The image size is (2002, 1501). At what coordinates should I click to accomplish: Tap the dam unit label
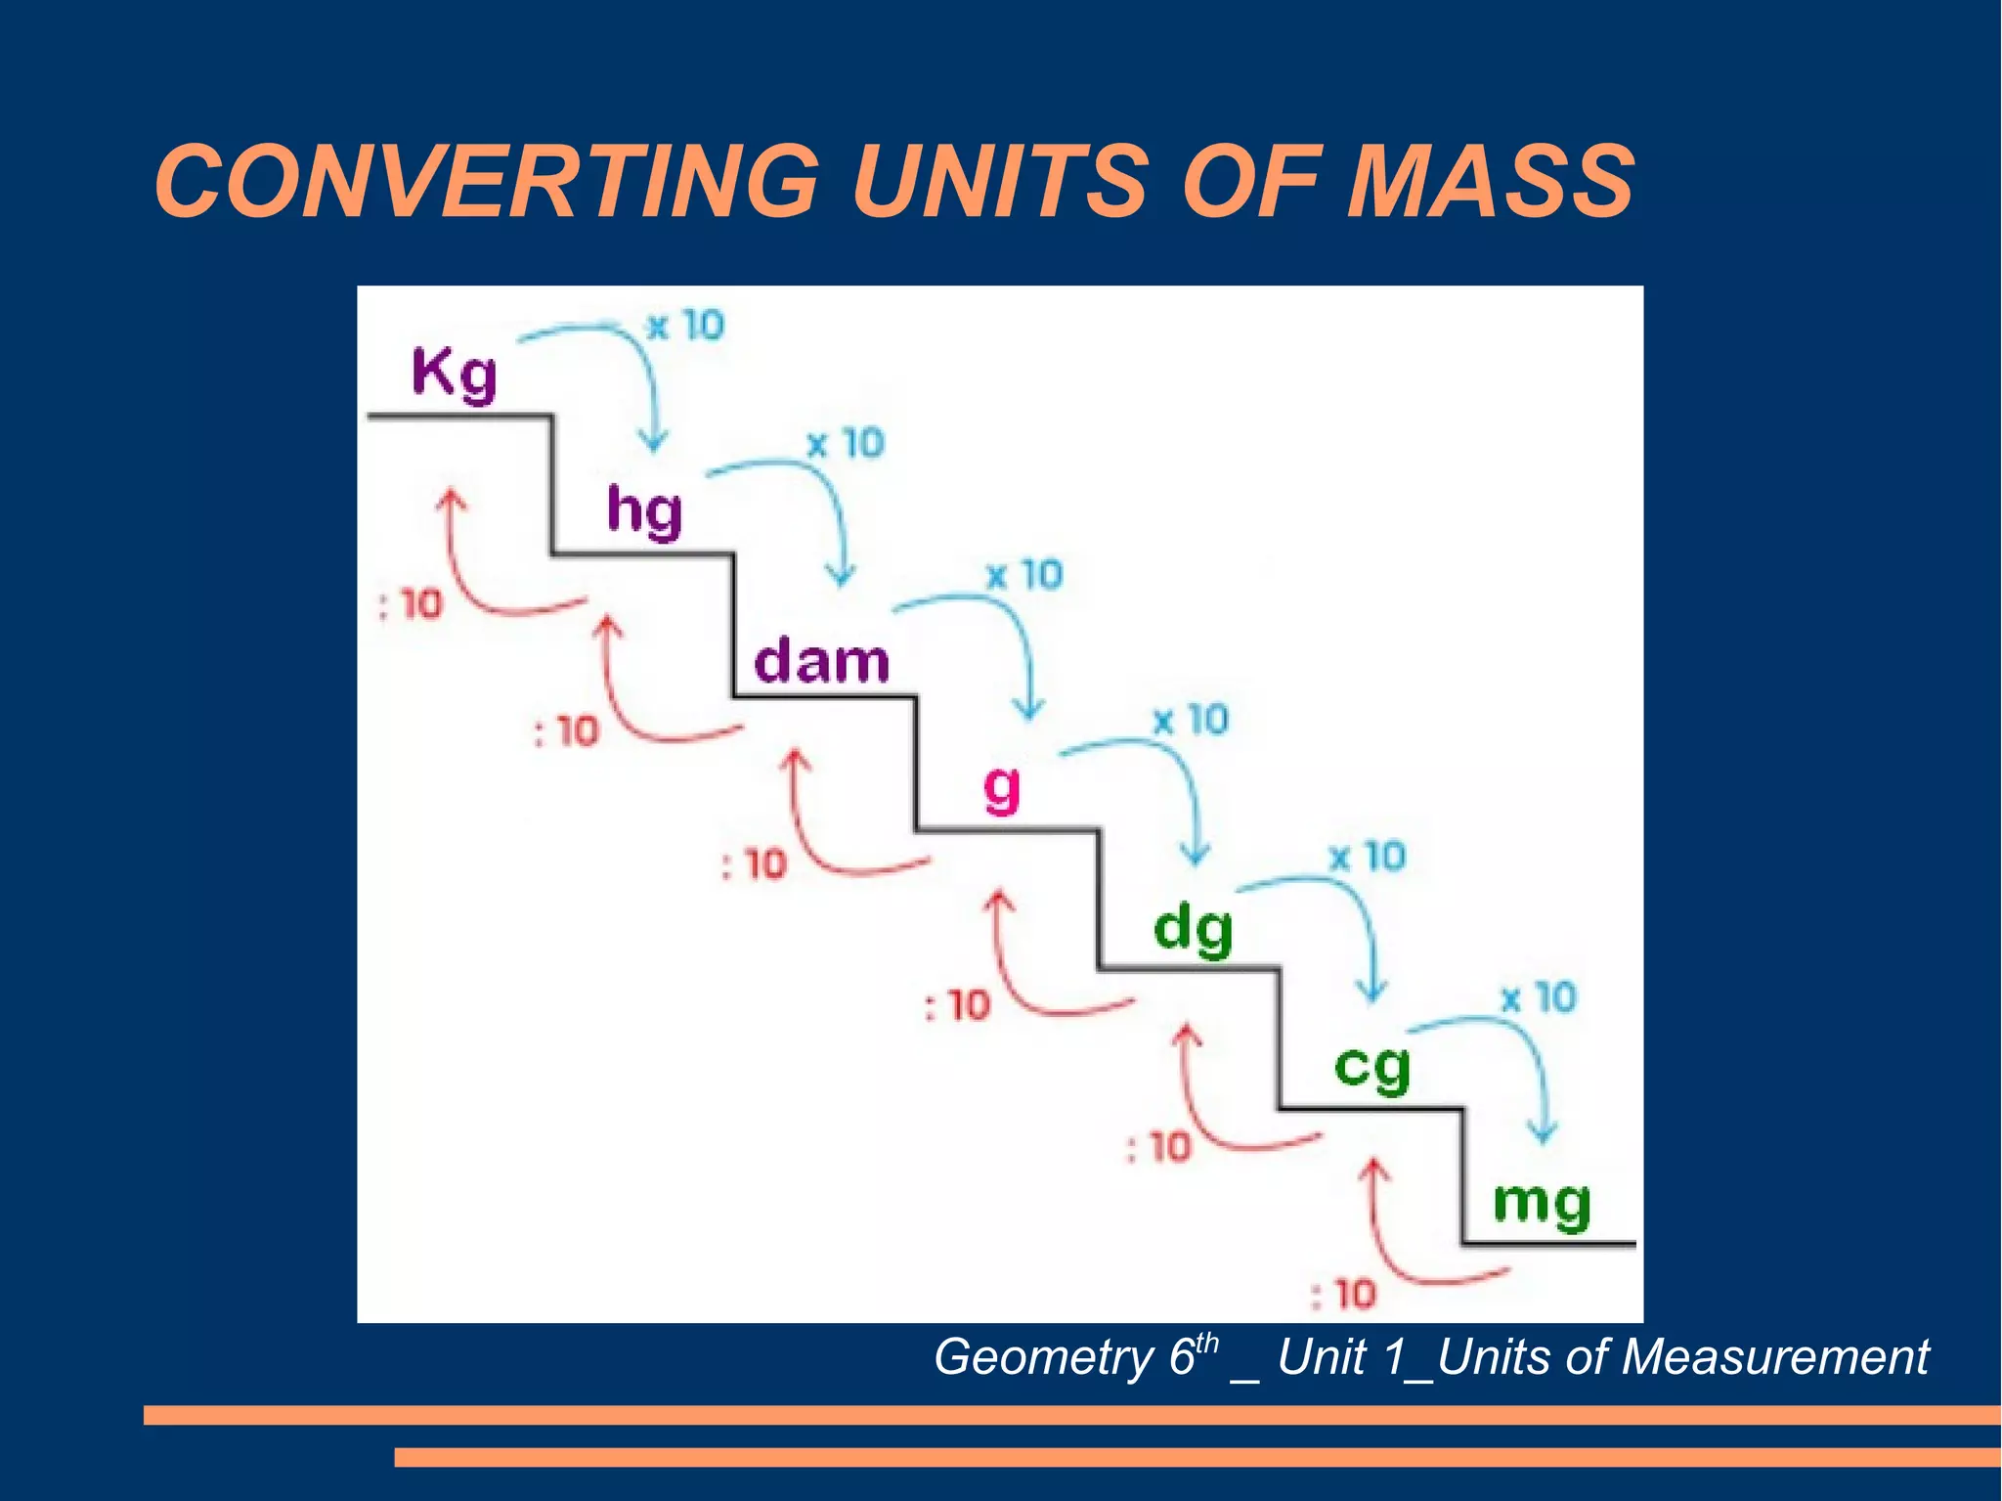click(x=822, y=661)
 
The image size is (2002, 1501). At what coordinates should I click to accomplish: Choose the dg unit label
click(x=1193, y=929)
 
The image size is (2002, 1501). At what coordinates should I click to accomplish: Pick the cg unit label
click(x=1372, y=1067)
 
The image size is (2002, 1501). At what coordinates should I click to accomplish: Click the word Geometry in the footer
click(x=1043, y=1357)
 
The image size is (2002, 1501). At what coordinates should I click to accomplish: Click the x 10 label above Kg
click(x=685, y=326)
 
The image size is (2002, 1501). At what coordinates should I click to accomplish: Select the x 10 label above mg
click(x=1539, y=998)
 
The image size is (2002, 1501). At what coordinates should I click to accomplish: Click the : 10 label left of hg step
click(x=411, y=604)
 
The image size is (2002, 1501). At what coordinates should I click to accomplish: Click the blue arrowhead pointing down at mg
click(x=1543, y=1134)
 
